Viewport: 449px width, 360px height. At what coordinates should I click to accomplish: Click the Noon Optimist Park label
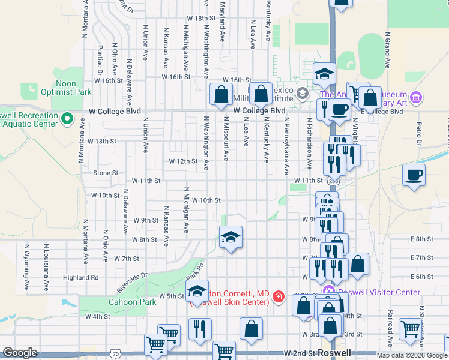tap(66, 88)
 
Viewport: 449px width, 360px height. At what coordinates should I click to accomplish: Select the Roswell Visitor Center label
tap(379, 292)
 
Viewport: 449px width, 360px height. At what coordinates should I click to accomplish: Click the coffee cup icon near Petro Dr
tap(414, 176)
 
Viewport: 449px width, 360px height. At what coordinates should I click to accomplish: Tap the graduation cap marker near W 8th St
tap(231, 238)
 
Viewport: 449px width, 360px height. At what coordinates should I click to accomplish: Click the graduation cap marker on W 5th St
tap(197, 292)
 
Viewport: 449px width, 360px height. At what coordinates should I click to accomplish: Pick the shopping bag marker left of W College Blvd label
tap(221, 94)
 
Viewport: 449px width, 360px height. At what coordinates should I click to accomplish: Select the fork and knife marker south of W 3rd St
tap(199, 329)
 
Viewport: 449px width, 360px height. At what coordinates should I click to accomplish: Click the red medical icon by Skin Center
tap(278, 296)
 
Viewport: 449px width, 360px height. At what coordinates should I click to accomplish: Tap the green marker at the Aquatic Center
tap(68, 119)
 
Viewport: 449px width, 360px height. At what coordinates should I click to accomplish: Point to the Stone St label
tap(106, 173)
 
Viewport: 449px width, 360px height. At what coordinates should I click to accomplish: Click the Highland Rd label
tap(80, 277)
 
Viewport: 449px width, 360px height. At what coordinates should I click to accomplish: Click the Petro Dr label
tap(420, 135)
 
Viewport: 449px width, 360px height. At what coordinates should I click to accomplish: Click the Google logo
tap(20, 353)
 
